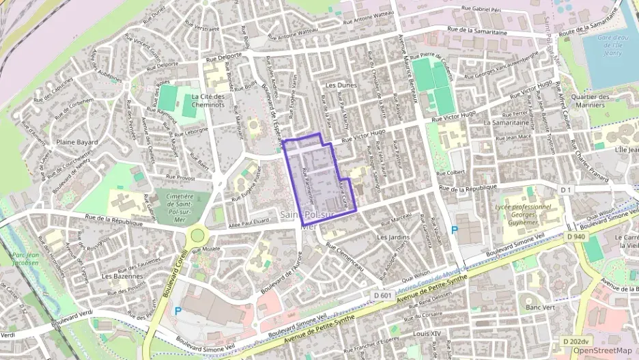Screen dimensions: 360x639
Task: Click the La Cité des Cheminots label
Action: (x=208, y=101)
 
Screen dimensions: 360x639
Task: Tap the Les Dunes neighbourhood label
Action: (x=341, y=85)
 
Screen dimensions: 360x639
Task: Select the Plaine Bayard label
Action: (x=77, y=142)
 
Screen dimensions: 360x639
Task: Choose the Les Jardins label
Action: (x=392, y=237)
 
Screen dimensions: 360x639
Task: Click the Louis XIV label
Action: (x=427, y=334)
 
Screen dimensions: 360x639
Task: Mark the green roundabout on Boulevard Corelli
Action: (x=197, y=235)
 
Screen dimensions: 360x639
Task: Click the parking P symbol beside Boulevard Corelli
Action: (x=178, y=310)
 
